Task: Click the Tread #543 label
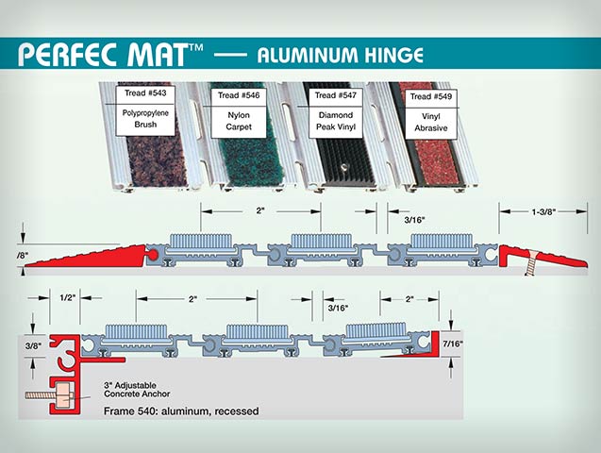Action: pyautogui.click(x=143, y=94)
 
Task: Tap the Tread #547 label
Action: pyautogui.click(x=335, y=95)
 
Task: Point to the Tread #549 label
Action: pyautogui.click(x=427, y=96)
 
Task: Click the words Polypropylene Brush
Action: pyautogui.click(x=143, y=119)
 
